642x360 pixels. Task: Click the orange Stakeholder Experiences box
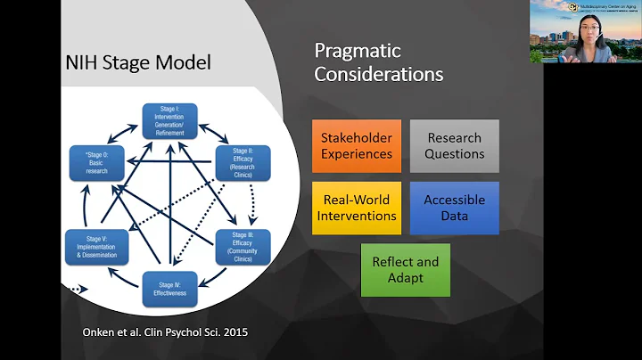(x=357, y=146)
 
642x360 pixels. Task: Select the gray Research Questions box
(x=455, y=146)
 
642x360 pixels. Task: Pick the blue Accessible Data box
(x=455, y=208)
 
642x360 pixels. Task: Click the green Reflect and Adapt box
(x=406, y=270)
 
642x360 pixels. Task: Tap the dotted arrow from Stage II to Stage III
(x=252, y=201)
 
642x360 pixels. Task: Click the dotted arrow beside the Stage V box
(x=78, y=289)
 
